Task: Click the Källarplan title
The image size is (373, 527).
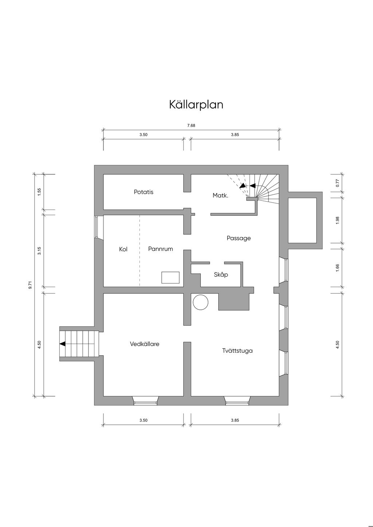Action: [x=196, y=105]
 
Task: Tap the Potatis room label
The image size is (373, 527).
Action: [x=144, y=192]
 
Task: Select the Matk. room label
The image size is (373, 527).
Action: [x=220, y=195]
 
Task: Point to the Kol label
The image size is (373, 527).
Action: [x=123, y=249]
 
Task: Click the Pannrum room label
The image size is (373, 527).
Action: [x=160, y=249]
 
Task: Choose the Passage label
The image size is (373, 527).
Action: [x=239, y=238]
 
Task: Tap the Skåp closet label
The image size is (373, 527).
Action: [x=221, y=274]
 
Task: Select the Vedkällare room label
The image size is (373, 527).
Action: [x=145, y=344]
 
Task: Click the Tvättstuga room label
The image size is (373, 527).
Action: [x=237, y=351]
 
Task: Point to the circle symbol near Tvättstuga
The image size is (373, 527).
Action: [x=200, y=302]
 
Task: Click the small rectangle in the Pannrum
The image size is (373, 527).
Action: [x=170, y=277]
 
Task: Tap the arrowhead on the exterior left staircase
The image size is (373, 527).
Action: [x=62, y=344]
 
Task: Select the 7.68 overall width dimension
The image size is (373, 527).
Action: [x=191, y=126]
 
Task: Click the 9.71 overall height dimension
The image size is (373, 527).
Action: [x=30, y=285]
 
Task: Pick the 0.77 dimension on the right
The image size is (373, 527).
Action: [x=337, y=183]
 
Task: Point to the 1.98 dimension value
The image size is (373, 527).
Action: [x=337, y=221]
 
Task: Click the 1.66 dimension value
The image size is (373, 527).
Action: [x=337, y=268]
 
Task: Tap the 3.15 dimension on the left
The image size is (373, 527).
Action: [x=39, y=250]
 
